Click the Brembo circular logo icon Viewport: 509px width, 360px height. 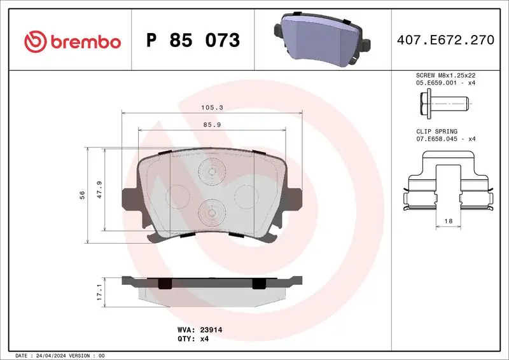click(35, 41)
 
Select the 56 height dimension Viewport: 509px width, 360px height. click(83, 194)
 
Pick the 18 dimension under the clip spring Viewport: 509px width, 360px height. click(448, 220)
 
